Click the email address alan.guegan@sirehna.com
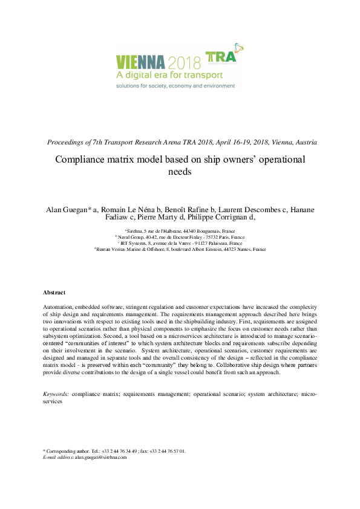pyautogui.click(x=100, y=458)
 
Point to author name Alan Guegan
pyautogui.click(x=66, y=210)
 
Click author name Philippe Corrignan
pyautogui.click(x=220, y=218)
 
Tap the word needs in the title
pyautogui.click(x=180, y=172)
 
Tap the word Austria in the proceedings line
pyautogui.click(x=304, y=143)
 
